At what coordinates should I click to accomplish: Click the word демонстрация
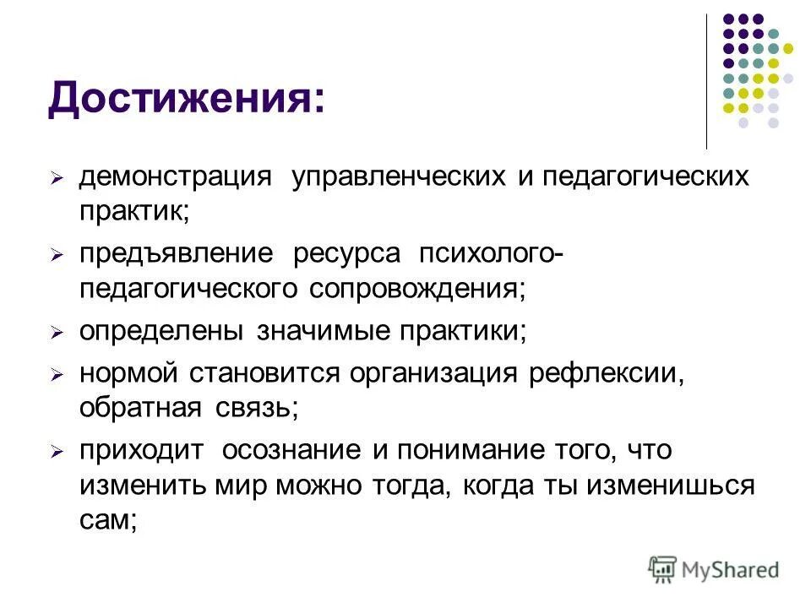click(176, 177)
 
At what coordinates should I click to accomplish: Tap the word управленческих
click(399, 177)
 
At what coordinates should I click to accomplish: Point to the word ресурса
click(347, 254)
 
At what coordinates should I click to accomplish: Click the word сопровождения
click(416, 289)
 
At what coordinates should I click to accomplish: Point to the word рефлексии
click(606, 373)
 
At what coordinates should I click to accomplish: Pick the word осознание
click(292, 450)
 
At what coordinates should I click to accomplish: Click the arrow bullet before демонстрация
click(56, 180)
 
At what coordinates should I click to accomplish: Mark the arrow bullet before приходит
click(56, 453)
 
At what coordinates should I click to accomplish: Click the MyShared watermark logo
click(715, 569)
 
